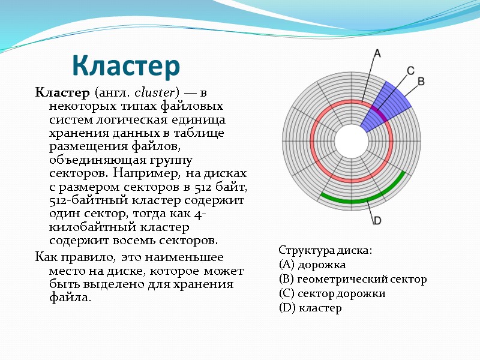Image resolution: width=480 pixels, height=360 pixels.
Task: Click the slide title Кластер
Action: [126, 66]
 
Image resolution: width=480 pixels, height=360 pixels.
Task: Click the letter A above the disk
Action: [377, 53]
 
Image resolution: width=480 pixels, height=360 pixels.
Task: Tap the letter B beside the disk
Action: [421, 80]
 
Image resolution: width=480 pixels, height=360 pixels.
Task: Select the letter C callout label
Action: [411, 70]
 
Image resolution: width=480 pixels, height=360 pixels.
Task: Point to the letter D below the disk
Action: [377, 221]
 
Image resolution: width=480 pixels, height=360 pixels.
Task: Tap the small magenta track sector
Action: [377, 112]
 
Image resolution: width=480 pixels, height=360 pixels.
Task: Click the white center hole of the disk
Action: [351, 142]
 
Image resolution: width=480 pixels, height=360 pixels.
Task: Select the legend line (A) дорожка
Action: [312, 265]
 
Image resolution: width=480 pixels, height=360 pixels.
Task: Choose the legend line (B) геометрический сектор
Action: [353, 279]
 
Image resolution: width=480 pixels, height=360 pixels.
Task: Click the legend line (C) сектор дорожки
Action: [332, 293]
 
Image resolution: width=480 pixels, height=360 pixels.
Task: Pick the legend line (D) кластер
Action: [310, 308]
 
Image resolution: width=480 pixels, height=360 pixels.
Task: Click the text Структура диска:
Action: [325, 250]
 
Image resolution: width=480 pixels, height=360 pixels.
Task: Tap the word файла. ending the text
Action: [70, 298]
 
